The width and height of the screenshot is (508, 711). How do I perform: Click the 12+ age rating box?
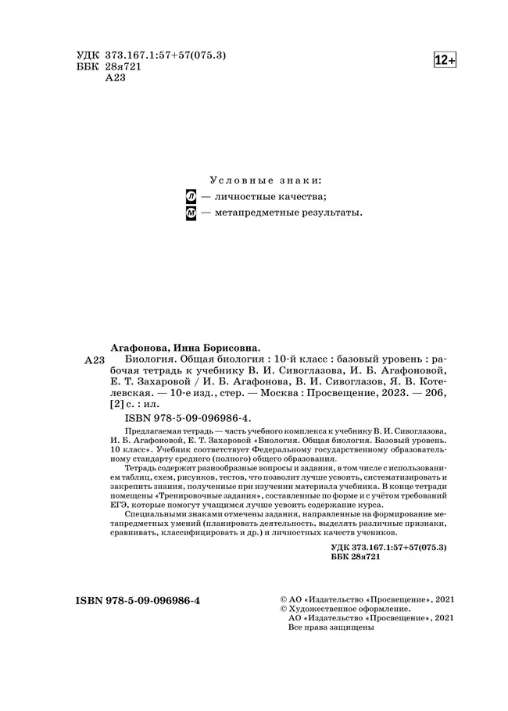[445, 60]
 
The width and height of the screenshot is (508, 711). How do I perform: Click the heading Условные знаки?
[265, 180]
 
